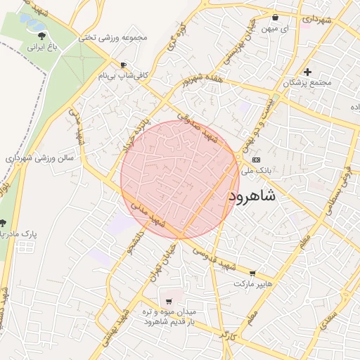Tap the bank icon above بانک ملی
point(256,160)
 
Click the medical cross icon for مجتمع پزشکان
point(307,72)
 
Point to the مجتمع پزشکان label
point(307,83)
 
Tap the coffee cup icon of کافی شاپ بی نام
point(124,65)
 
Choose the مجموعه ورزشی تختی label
point(115,37)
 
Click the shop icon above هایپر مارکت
point(252,273)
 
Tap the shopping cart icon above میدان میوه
point(168,300)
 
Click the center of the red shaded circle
point(180,179)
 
